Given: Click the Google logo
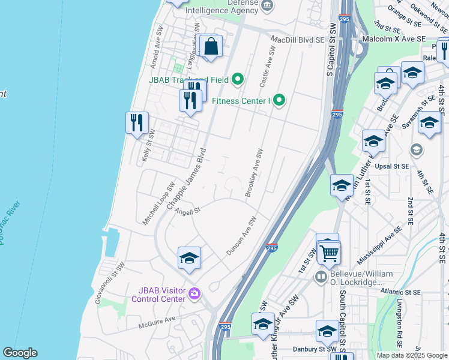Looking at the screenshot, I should tap(20, 353).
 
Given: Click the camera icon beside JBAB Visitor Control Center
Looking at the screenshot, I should tap(194, 293).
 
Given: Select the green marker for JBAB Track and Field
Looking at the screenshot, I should tap(238, 79).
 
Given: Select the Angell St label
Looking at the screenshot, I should tap(187, 210).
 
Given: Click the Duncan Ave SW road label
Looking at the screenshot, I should tap(242, 235).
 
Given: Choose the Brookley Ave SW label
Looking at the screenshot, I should tap(255, 173).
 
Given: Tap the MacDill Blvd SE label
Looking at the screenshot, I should tap(297, 40).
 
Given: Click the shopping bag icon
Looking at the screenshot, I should tap(212, 46).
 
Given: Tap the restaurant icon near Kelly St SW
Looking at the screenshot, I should tap(137, 122).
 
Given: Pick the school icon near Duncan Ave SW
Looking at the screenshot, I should tap(189, 258).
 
